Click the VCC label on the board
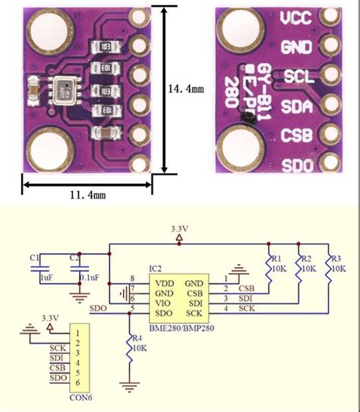295,18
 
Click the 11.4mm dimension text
87,195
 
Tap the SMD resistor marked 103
106,46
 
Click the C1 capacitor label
34,258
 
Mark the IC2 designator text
155,269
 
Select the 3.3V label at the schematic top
179,228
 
